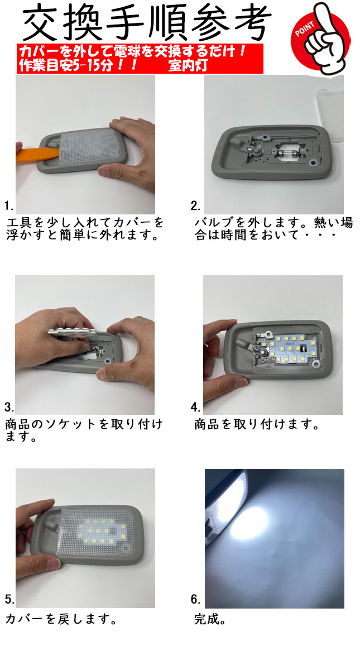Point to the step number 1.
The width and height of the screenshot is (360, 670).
coord(9,206)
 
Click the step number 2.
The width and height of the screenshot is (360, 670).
coord(195,206)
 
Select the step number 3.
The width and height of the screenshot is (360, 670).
coord(9,407)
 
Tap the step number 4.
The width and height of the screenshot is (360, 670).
coord(195,407)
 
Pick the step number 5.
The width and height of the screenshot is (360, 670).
coord(9,600)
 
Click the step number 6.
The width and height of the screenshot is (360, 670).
coord(195,600)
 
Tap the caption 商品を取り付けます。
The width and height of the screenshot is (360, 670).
coord(257,424)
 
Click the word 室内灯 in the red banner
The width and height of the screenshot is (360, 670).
coord(188,66)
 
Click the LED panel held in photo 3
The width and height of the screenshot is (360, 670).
coord(72,332)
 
